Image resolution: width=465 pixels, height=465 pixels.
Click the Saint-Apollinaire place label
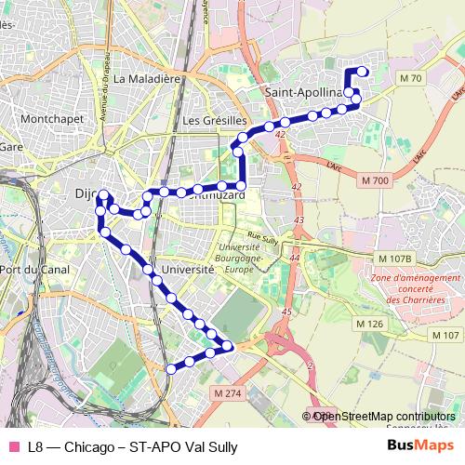304,93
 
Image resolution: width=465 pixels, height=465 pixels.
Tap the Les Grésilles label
214,121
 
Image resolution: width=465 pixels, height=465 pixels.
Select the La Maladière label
145,79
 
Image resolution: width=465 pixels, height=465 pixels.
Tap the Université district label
188,268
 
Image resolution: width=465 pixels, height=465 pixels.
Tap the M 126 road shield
370,324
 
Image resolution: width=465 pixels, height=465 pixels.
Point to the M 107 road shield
445,335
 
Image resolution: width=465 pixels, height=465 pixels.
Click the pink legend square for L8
13,447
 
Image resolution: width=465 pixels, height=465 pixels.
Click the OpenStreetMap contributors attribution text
382,416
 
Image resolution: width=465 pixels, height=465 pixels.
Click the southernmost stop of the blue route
170,369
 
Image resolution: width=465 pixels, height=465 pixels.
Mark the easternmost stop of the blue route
363,72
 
